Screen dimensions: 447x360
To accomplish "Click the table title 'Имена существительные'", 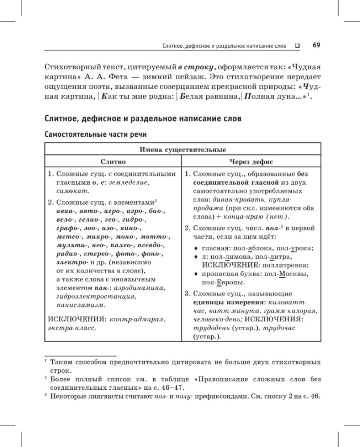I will (x=183, y=150).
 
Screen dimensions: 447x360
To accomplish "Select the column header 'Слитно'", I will (x=113, y=162).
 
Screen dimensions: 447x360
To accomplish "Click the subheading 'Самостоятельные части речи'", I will (x=96, y=133).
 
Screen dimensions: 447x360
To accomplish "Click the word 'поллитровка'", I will (x=266, y=266).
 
